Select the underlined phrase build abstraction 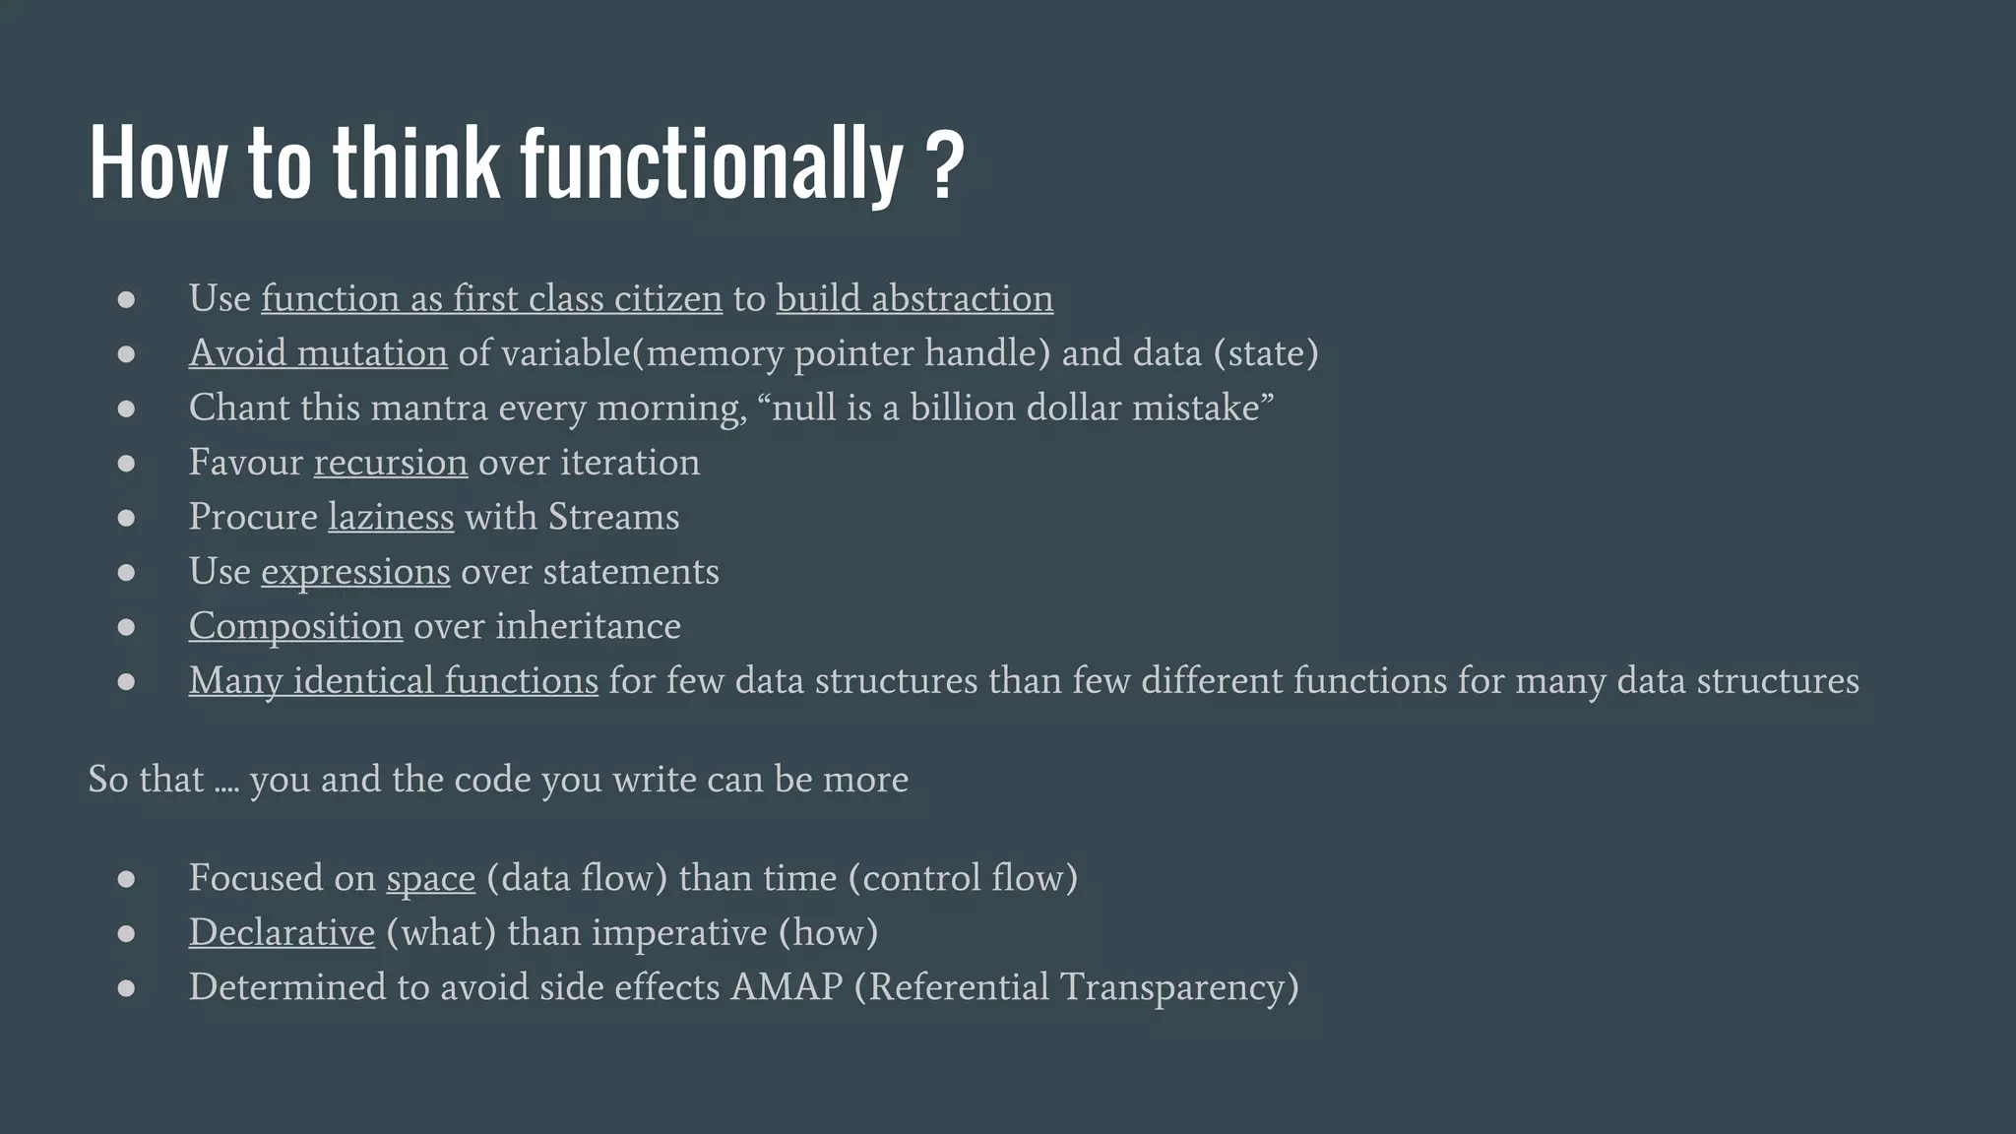(x=914, y=298)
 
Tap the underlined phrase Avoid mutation (x=318, y=352)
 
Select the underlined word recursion (x=390, y=462)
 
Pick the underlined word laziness (x=391, y=517)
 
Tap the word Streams (x=613, y=517)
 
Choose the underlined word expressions (x=355, y=572)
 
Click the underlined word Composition (x=295, y=626)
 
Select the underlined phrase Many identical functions (x=393, y=681)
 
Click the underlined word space (x=430, y=878)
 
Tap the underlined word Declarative (x=282, y=932)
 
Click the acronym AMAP (x=787, y=987)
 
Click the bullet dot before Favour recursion (x=126, y=463)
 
